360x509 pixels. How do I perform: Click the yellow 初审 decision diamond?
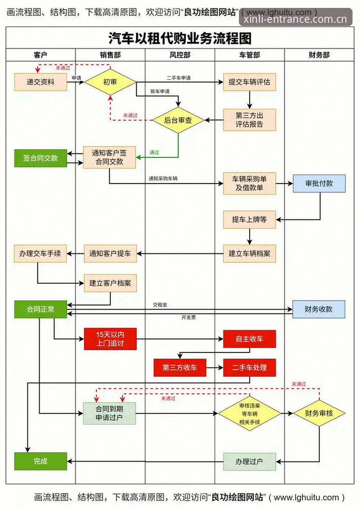tap(110, 82)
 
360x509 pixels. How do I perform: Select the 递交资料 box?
tap(41, 82)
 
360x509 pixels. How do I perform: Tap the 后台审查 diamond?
tap(178, 121)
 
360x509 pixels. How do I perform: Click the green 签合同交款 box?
tap(41, 158)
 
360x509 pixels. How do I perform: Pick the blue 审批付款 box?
tap(319, 183)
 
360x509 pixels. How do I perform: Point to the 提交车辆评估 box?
tap(249, 82)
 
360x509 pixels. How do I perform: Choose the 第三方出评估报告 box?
tap(249, 120)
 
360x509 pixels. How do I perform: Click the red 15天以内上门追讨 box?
tap(110, 339)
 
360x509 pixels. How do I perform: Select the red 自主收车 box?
tap(249, 339)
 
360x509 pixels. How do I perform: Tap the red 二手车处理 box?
tap(249, 367)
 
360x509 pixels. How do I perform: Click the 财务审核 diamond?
tap(319, 413)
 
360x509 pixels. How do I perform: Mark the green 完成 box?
tap(41, 461)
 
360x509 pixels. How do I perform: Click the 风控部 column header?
tap(180, 55)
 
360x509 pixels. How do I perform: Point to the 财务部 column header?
tap(319, 55)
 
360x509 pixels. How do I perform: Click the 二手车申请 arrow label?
tap(179, 78)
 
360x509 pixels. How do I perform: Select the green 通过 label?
tap(154, 152)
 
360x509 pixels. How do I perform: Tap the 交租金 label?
tap(160, 305)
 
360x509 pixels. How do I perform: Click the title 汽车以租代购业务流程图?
tap(180, 38)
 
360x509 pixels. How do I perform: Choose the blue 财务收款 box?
tap(319, 309)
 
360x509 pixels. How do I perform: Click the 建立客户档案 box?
tap(110, 283)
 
